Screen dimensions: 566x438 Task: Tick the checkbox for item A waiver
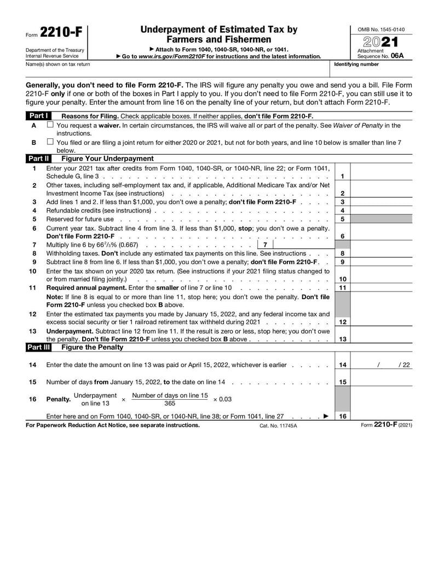[50, 125]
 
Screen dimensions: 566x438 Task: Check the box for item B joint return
[50, 142]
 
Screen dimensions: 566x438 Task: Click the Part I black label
[38, 116]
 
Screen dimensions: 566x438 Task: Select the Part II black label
[38, 159]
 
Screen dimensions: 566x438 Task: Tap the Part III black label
[39, 347]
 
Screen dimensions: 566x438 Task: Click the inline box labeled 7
[265, 244]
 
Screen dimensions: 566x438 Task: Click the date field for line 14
[381, 365]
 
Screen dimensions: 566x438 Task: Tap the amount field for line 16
[381, 416]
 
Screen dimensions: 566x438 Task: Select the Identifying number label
[356, 65]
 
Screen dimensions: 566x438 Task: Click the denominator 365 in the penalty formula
[170, 403]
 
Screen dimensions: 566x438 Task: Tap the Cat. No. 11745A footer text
[278, 425]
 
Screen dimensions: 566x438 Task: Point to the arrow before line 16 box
[326, 416]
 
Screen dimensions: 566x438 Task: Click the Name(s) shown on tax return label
[58, 65]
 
